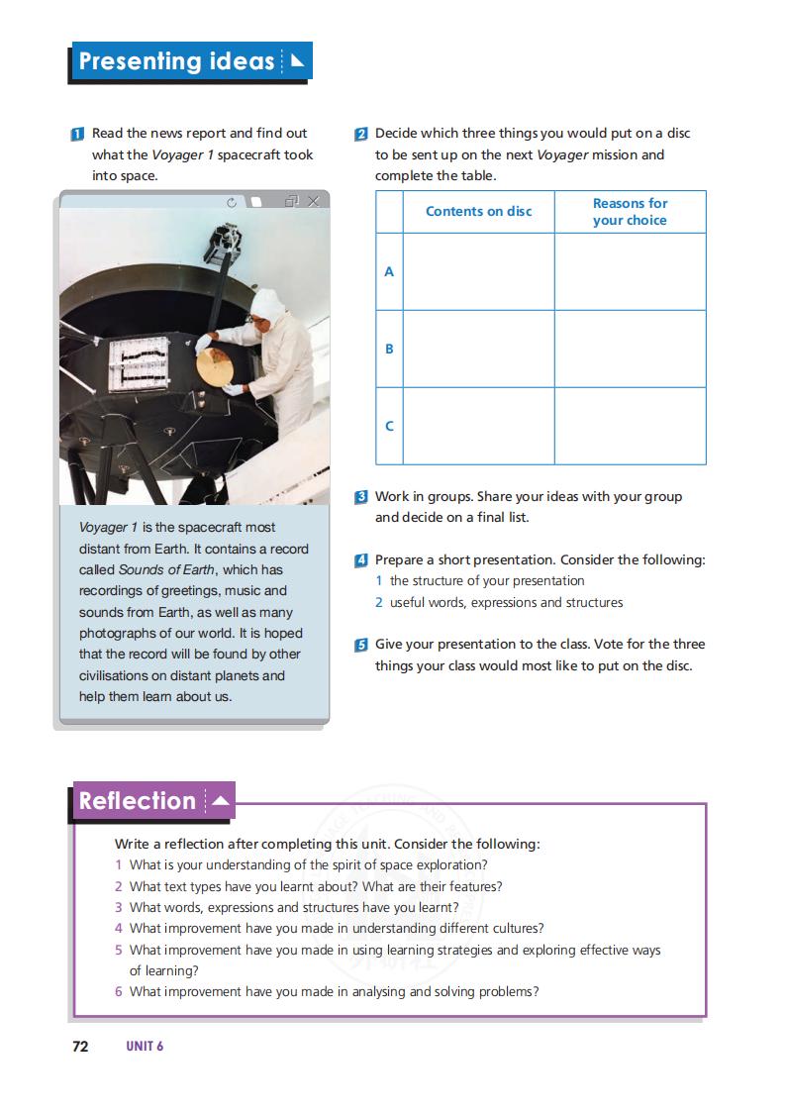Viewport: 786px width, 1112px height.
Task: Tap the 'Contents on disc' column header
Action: tap(478, 211)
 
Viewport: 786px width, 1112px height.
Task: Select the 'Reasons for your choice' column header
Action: tap(630, 211)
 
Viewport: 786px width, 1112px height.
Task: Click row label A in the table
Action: tap(389, 271)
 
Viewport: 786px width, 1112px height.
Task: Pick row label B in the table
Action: tap(389, 349)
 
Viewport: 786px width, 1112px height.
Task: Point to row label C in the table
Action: tap(389, 426)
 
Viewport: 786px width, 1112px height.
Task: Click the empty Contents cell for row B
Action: tap(478, 349)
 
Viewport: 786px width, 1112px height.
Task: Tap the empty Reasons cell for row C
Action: tap(630, 426)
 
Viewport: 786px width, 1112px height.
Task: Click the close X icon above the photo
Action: tap(313, 202)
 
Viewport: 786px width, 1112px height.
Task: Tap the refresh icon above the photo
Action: tap(232, 202)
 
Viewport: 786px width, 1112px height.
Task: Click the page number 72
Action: tap(81, 1047)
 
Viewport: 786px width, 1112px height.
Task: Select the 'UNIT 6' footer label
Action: tap(145, 1047)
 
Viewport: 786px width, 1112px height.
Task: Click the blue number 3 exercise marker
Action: tap(361, 497)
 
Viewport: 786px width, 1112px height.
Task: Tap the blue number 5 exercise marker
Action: tap(361, 645)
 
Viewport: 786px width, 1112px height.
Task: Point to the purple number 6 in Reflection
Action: tap(119, 991)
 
